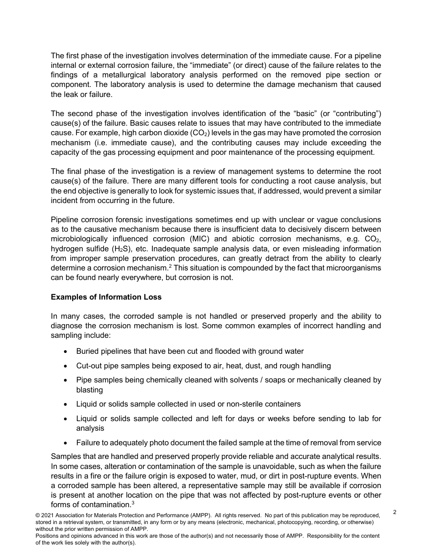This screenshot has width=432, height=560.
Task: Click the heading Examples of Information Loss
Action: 106,297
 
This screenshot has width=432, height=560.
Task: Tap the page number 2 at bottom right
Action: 395,512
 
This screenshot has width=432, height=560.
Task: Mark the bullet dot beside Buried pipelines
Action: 66,351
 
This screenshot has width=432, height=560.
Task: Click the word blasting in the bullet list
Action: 90,390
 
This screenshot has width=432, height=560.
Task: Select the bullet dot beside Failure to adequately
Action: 66,443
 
